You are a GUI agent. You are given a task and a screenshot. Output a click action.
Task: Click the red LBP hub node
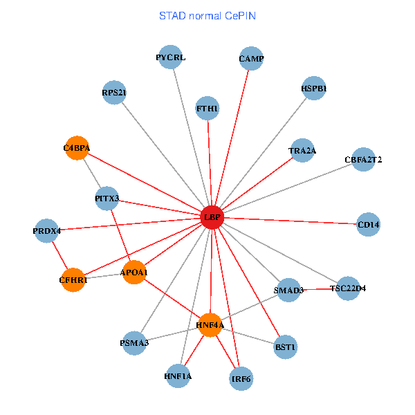point(212,216)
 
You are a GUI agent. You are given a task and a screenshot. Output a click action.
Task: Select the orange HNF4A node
point(210,324)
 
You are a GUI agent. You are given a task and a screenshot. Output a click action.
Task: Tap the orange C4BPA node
point(77,147)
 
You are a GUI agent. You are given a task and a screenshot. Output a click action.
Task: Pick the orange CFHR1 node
point(73,280)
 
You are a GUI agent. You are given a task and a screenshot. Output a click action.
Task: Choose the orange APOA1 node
point(133,272)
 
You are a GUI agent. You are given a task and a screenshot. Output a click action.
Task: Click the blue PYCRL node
point(170,57)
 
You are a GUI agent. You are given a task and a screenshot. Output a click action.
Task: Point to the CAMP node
point(251,59)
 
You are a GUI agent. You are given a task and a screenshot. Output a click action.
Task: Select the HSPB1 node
point(314,88)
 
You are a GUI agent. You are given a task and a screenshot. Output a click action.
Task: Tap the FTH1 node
point(207,108)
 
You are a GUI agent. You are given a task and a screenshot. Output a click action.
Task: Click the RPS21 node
point(114,92)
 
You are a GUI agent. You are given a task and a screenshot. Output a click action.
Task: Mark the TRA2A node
point(302,149)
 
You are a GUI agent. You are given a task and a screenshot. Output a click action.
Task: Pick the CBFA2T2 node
point(363,160)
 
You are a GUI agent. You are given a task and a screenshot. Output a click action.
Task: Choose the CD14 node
point(368,224)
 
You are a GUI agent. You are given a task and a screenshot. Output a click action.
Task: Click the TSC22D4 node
point(348,288)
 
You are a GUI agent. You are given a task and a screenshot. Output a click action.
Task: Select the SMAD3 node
point(288,290)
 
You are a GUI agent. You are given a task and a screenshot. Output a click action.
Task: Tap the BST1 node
point(285,346)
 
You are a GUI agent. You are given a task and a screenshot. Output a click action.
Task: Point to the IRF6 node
point(241,378)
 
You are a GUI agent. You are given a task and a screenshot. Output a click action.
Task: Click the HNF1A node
point(178,376)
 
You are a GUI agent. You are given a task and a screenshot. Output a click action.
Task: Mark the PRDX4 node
point(47,230)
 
